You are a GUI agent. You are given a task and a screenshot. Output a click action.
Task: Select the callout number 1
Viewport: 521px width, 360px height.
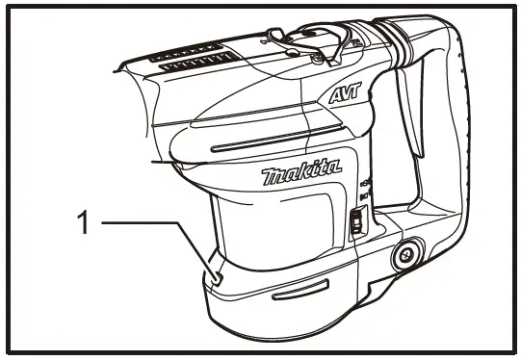(x=83, y=223)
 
